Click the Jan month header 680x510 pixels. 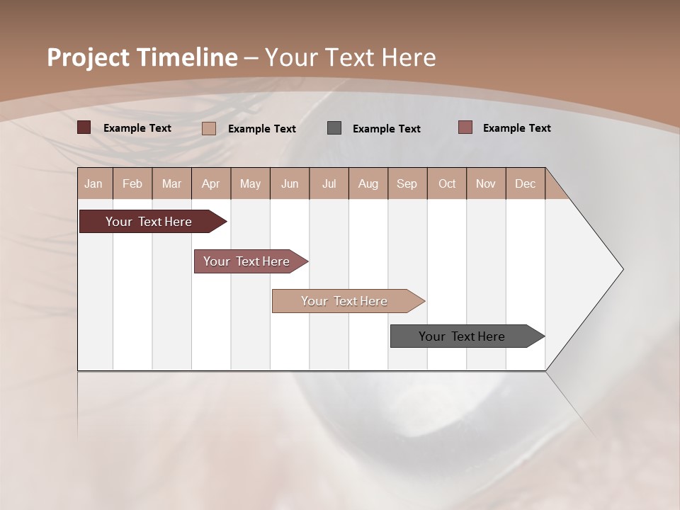coord(93,183)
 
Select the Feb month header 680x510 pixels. coord(132,183)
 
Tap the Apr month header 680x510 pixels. coord(210,183)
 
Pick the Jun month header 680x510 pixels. coord(290,183)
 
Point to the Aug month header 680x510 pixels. coord(368,183)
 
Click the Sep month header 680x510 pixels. coord(407,183)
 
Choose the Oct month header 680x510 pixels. coord(447,183)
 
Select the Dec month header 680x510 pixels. coord(525,183)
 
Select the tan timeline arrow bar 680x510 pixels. coord(345,301)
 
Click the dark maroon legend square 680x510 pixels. coord(84,127)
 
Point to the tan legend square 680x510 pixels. coord(209,128)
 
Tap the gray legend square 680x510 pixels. coord(334,127)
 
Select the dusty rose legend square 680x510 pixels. coord(465,127)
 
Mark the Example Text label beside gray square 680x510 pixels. coord(386,128)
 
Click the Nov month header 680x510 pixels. coord(485,183)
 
